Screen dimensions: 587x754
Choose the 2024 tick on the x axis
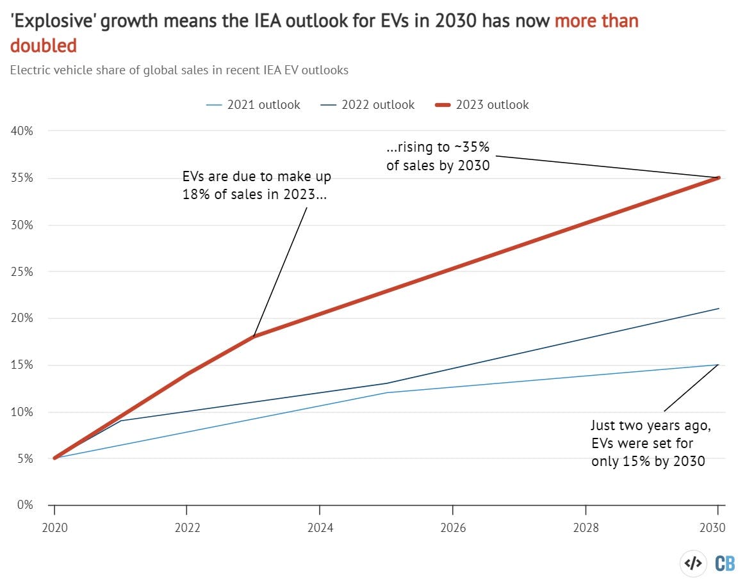(x=320, y=528)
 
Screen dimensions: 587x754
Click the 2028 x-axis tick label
(x=586, y=528)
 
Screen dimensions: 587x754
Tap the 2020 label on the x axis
(x=54, y=528)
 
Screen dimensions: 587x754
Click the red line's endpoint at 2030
(x=719, y=178)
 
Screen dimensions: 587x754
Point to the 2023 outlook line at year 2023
(x=254, y=336)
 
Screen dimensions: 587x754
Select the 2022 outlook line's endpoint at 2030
(x=719, y=309)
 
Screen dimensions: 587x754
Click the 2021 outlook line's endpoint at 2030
(x=719, y=365)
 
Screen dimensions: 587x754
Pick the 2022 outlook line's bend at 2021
(x=121, y=421)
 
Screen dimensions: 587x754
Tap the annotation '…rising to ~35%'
(x=438, y=148)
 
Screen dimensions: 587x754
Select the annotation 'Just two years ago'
(x=651, y=426)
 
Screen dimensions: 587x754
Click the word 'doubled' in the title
(x=44, y=45)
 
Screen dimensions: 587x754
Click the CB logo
(x=725, y=563)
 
